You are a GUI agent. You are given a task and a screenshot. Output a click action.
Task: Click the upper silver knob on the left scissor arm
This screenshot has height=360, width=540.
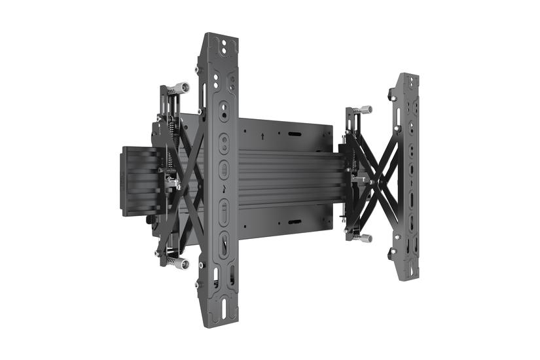coord(181,87)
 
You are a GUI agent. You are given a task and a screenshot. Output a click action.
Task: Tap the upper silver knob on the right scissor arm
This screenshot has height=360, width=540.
coord(365,109)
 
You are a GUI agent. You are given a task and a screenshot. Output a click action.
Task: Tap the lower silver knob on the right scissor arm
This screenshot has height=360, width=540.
coord(364,238)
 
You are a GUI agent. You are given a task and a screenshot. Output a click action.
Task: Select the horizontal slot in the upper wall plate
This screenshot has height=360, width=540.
coord(294,134)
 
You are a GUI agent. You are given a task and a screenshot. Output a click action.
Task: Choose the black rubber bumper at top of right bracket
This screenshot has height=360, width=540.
coord(392,96)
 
